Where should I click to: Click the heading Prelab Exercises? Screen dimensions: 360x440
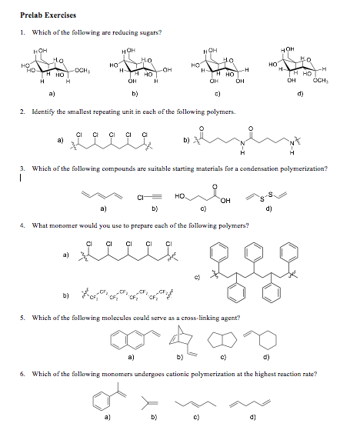coord(48,15)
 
